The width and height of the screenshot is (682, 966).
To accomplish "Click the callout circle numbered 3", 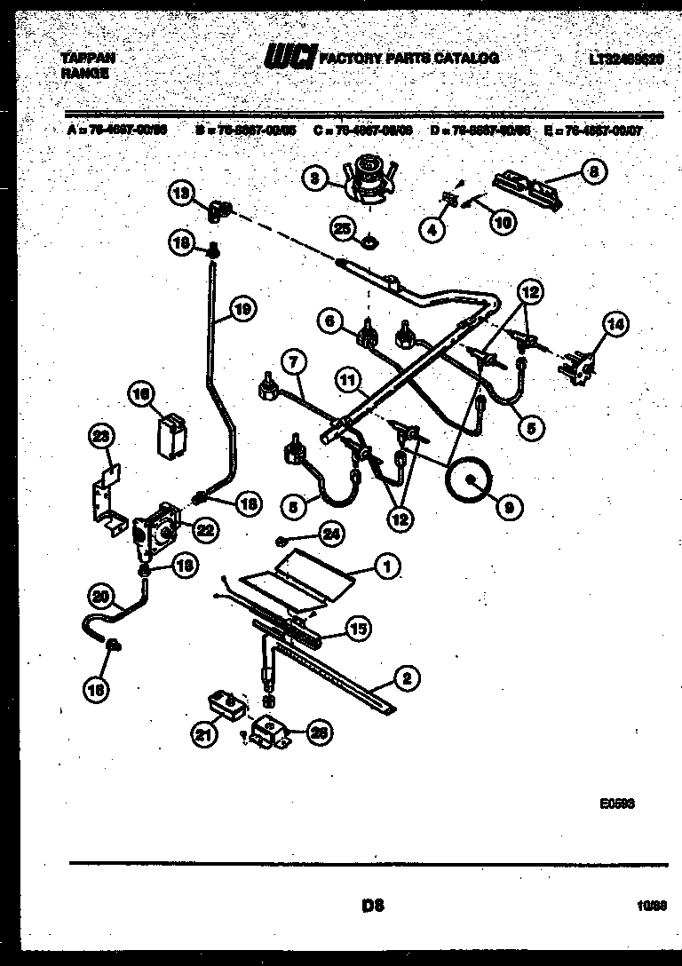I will coord(314,178).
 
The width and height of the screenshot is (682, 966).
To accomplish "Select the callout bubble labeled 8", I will coord(593,174).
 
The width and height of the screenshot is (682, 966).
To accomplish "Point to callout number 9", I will coord(508,507).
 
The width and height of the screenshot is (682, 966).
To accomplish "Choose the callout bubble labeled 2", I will coord(407,680).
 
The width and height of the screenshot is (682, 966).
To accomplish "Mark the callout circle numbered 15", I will coord(358,629).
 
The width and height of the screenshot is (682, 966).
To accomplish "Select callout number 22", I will coord(204,530).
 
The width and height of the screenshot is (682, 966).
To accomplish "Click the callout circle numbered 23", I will coord(103,437).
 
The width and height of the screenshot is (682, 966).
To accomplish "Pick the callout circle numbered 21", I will coord(202,732).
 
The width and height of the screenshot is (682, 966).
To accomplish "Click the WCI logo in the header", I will coord(289,59).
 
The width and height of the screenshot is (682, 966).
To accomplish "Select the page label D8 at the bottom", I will coord(372,906).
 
